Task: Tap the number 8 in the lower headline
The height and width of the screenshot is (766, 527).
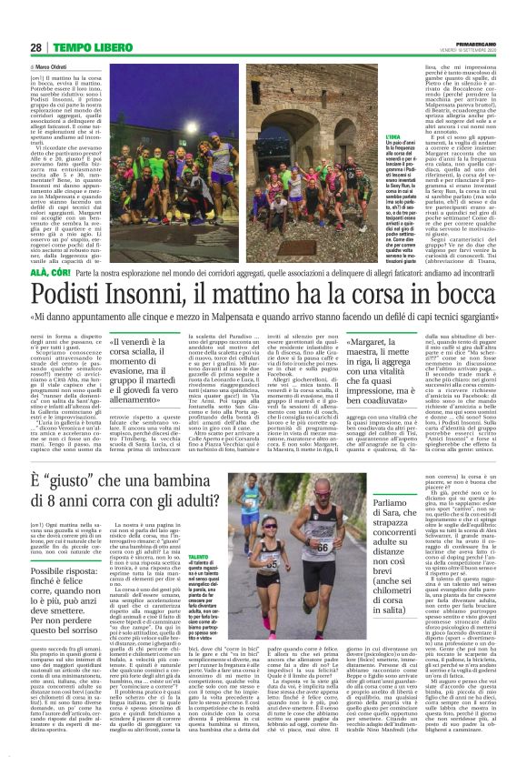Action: [x=59, y=508]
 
